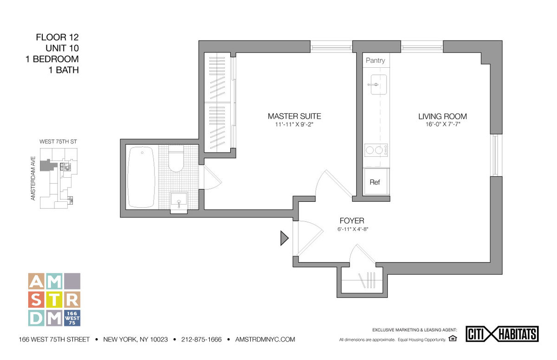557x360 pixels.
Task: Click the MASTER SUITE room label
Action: (x=294, y=116)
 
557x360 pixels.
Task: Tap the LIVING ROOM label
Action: (x=442, y=116)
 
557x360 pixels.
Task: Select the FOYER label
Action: (x=352, y=221)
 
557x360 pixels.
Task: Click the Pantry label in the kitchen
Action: (x=375, y=60)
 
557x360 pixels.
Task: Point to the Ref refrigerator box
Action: (x=376, y=182)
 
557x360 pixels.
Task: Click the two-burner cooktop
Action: (x=376, y=150)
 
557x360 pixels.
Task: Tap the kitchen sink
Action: (x=378, y=85)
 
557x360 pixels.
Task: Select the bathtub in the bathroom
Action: (x=141, y=177)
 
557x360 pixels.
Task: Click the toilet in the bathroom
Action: (x=176, y=159)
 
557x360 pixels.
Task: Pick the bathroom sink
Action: (x=179, y=202)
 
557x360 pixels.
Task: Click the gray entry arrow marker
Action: (x=285, y=238)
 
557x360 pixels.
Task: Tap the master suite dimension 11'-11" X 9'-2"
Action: (x=294, y=124)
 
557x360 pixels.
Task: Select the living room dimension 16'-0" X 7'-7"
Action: (x=443, y=124)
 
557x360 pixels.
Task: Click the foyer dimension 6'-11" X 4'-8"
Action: (x=353, y=229)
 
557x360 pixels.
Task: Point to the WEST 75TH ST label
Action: (x=58, y=141)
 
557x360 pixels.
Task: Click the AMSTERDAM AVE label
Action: (x=33, y=179)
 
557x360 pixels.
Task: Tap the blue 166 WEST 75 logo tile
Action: (x=72, y=318)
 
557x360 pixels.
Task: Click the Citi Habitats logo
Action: (x=502, y=334)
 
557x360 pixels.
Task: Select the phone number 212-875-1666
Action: (x=201, y=340)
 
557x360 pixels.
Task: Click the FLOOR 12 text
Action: (x=57, y=37)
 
